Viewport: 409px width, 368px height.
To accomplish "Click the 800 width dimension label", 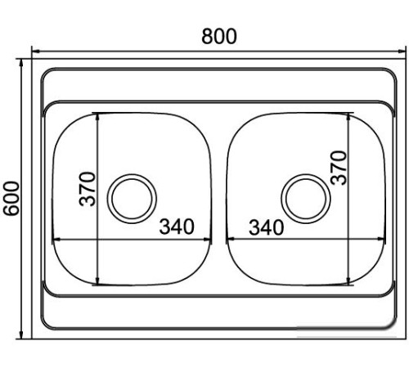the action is [219, 37].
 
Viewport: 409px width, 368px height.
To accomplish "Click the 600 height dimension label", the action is [11, 199].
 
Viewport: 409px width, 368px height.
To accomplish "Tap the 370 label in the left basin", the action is [88, 189].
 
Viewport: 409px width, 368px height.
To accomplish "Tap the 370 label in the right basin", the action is [339, 168].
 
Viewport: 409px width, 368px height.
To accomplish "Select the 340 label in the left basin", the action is [177, 227].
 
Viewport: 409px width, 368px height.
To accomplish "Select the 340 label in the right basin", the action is [266, 227].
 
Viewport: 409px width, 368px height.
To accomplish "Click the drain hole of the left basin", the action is [132, 199].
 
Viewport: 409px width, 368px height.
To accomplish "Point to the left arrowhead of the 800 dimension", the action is [36, 51].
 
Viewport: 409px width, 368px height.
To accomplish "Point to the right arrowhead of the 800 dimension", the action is [402, 51].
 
